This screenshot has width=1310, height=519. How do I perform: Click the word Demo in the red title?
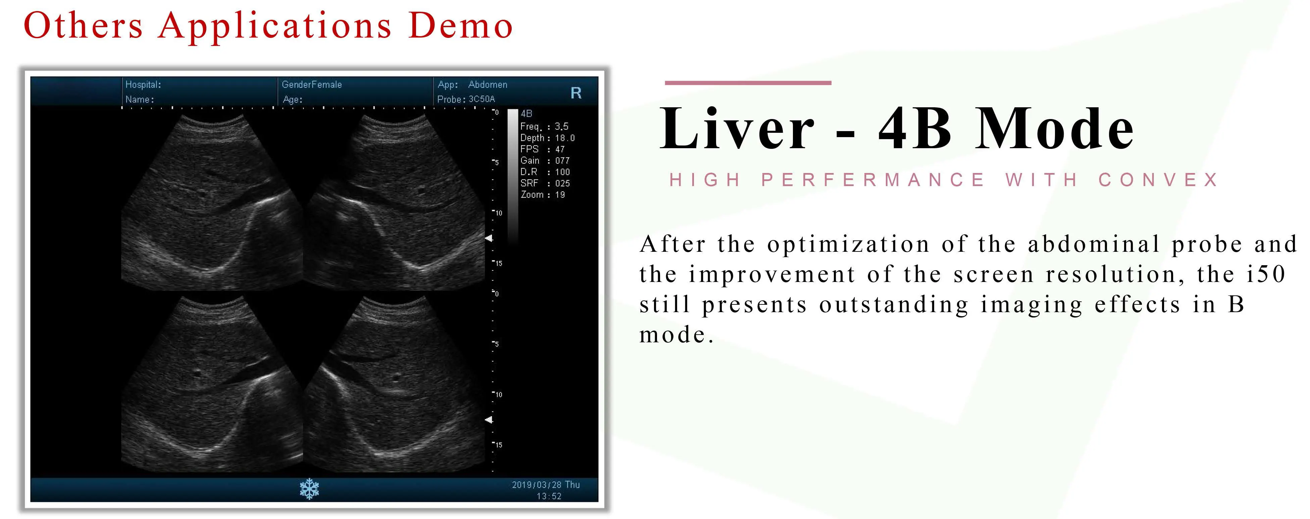coord(460,25)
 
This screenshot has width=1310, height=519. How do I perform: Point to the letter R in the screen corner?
coord(576,93)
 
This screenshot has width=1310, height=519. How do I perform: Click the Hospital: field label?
coord(143,84)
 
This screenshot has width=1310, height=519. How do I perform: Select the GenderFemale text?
coord(312,84)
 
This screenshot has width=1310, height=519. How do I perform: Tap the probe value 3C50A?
coord(482,99)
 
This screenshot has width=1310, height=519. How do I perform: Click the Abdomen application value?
coord(488,84)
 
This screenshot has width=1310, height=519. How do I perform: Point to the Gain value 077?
coord(562,161)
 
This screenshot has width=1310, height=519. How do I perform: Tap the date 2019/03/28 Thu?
coord(546,485)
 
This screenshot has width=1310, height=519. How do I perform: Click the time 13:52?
coord(549,496)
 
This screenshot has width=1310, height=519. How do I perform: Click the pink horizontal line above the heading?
coord(748,82)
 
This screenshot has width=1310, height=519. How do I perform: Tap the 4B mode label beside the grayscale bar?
coord(526,113)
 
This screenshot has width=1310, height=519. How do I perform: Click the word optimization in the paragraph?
coord(848,244)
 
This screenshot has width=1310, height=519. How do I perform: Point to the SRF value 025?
coord(562,183)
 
